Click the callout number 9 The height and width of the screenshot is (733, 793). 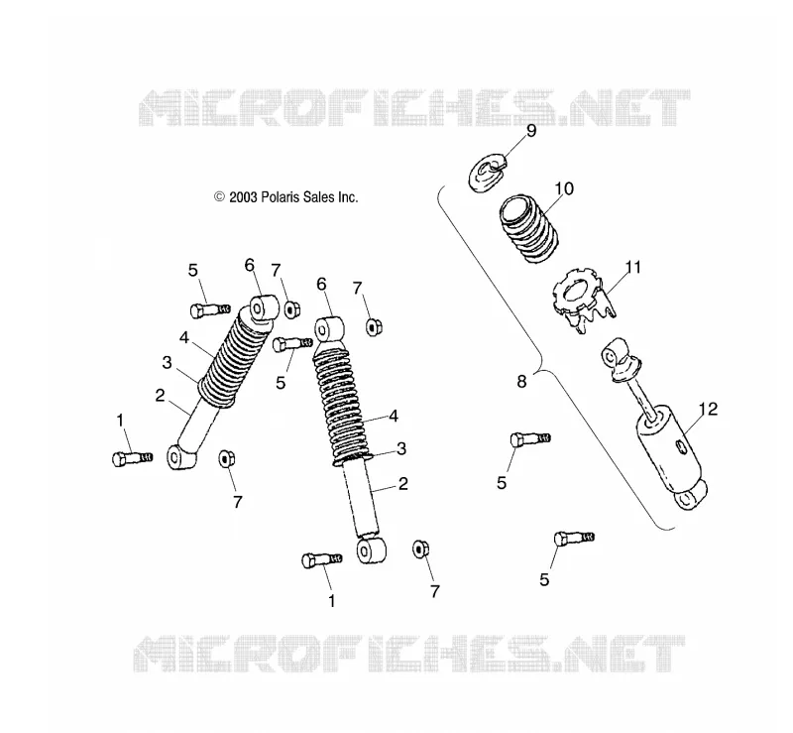click(531, 131)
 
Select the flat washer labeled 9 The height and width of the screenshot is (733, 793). click(487, 175)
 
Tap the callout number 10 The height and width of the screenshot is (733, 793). click(564, 188)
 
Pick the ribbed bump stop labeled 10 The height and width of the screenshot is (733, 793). click(529, 228)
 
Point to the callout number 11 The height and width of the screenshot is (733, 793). click(632, 267)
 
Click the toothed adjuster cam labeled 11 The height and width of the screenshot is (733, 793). click(582, 300)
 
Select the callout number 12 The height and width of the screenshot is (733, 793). click(709, 409)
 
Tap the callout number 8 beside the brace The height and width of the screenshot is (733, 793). click(522, 381)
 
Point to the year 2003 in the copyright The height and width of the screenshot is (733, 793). click(243, 197)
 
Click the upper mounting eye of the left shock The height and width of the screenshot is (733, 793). click(263, 308)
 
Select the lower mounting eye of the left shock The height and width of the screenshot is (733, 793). click(180, 457)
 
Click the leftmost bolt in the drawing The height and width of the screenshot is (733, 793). click(132, 458)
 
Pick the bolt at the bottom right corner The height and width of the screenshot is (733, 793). click(574, 539)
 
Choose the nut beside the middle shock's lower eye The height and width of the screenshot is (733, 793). click(420, 549)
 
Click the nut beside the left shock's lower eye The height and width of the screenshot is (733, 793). click(226, 458)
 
